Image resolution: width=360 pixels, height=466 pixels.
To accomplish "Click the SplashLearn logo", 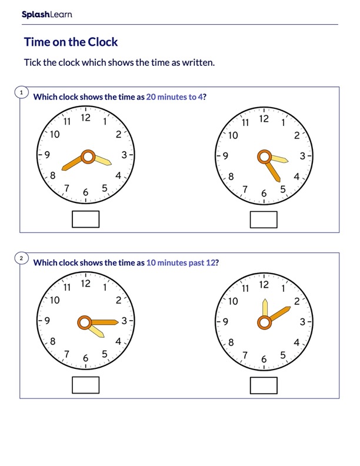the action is point(46,15).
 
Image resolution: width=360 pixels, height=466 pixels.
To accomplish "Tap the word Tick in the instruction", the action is point(32,62).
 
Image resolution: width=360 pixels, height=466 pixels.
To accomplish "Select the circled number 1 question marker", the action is point(21,93).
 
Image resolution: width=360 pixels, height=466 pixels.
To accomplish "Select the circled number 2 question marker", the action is point(21,258).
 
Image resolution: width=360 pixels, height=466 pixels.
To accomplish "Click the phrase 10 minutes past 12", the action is point(181,263).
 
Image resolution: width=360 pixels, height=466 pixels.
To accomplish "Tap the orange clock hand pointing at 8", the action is point(72,163).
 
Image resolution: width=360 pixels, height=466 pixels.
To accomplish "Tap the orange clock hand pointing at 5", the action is point(273,171).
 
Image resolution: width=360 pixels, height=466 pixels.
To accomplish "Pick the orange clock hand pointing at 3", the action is point(105,322).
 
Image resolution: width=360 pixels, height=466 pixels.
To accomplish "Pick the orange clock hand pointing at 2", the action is point(279,314).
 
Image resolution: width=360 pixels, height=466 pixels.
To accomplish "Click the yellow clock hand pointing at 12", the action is point(265,308).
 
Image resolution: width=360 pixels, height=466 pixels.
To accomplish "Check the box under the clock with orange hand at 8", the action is point(85,219).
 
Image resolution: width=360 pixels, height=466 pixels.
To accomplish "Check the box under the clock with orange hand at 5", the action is point(264,219).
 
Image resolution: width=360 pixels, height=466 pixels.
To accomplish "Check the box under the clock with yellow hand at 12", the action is point(264,385).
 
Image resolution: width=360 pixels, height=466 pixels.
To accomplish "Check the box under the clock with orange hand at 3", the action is point(85,385).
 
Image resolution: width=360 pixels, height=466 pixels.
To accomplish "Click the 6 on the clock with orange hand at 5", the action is point(264,194).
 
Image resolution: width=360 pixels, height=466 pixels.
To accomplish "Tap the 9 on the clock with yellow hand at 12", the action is point(225,322).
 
